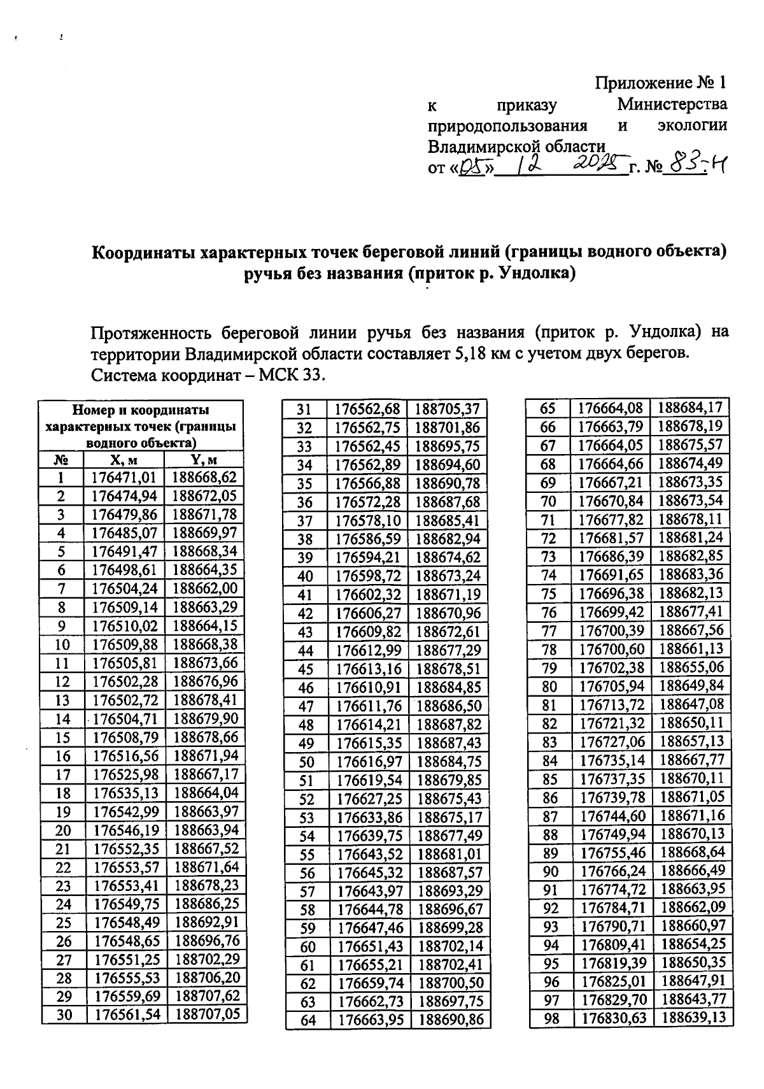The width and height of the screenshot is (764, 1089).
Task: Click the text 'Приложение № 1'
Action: click(660, 83)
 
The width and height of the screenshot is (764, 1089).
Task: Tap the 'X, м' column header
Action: click(124, 460)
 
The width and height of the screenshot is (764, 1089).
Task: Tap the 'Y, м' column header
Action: click(204, 460)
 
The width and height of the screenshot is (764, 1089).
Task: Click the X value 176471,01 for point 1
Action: click(124, 478)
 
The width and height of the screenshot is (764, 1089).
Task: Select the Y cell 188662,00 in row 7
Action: click(205, 588)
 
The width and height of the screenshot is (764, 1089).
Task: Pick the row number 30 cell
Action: click(64, 1015)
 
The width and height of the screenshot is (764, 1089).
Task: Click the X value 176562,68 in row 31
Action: click(367, 409)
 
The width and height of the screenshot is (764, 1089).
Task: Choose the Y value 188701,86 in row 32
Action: click(448, 427)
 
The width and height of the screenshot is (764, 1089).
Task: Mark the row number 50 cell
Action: click(307, 762)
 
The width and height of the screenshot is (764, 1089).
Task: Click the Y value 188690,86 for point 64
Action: click(451, 1020)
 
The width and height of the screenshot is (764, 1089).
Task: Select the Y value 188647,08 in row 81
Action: click(691, 704)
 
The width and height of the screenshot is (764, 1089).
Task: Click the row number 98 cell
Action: click(552, 1018)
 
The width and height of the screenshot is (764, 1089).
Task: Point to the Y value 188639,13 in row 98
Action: click(693, 1018)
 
